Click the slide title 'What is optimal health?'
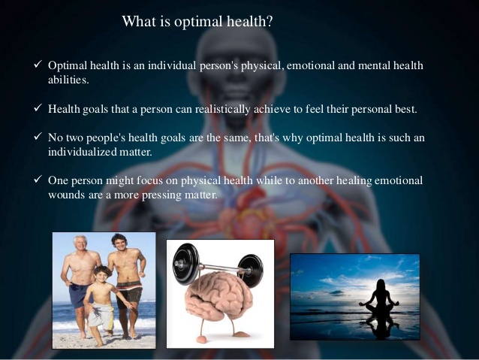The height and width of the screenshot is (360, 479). (197, 22)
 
